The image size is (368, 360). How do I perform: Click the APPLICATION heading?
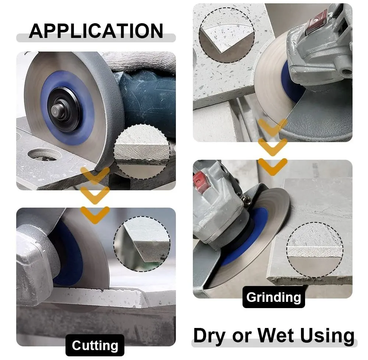(x=96, y=31)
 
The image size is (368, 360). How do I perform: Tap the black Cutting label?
(x=95, y=345)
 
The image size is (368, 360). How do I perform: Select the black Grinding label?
(x=274, y=297)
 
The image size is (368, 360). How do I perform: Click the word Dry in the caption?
(x=210, y=336)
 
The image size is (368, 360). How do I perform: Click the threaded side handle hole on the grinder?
(x=347, y=70)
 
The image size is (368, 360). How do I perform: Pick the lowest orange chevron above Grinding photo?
(x=273, y=167)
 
